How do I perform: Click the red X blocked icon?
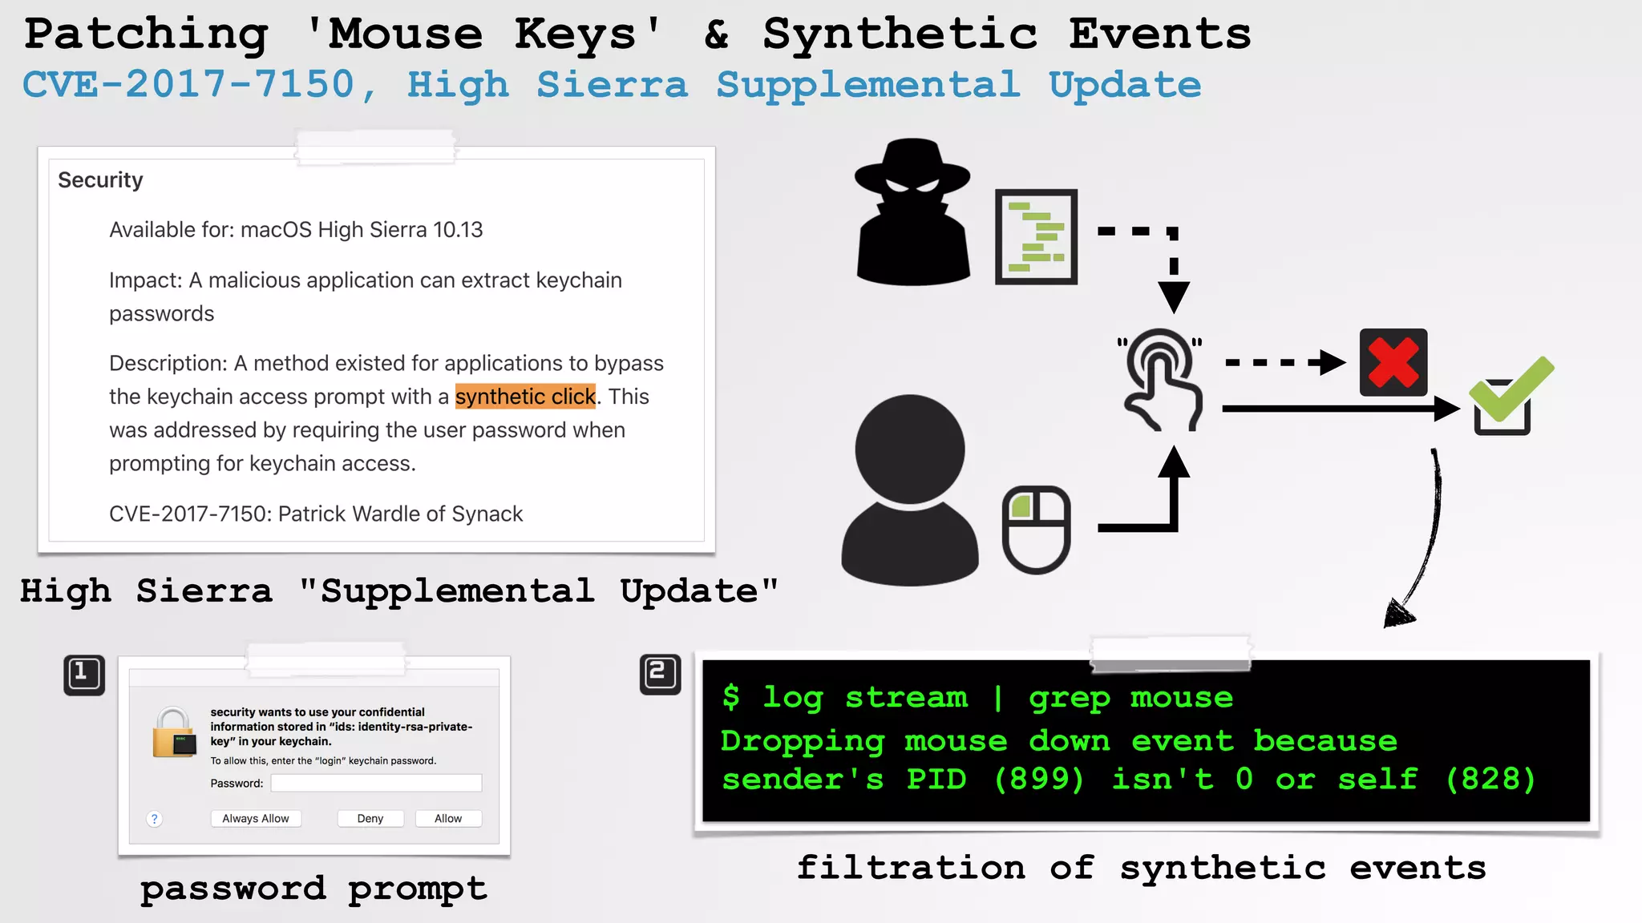tap(1393, 362)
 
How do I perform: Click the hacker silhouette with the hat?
tap(912, 212)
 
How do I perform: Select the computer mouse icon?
tap(1036, 530)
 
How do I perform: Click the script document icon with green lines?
tap(1036, 237)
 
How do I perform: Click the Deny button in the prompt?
tap(370, 818)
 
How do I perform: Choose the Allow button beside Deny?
tap(448, 818)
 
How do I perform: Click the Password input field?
tap(376, 783)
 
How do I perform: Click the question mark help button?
tap(155, 819)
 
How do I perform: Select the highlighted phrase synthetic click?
tap(525, 397)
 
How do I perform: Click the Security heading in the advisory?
tap(100, 180)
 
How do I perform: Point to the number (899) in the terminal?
tap(1039, 779)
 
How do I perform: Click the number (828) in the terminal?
tap(1490, 779)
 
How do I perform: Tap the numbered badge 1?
tap(84, 675)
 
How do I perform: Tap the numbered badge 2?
tap(660, 674)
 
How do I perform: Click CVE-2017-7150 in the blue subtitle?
tap(188, 85)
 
